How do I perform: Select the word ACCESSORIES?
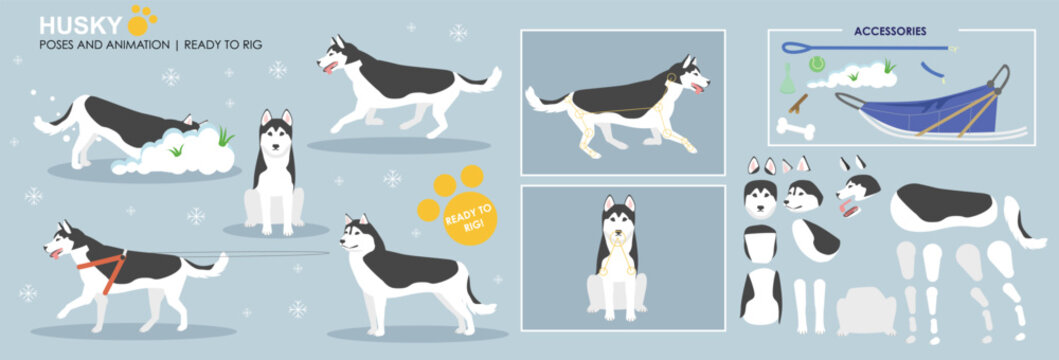point(889,31)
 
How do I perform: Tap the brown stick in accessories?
point(797,103)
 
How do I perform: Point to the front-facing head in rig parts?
point(761,195)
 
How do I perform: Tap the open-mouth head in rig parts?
point(856,191)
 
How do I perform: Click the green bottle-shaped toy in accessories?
point(787,75)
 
